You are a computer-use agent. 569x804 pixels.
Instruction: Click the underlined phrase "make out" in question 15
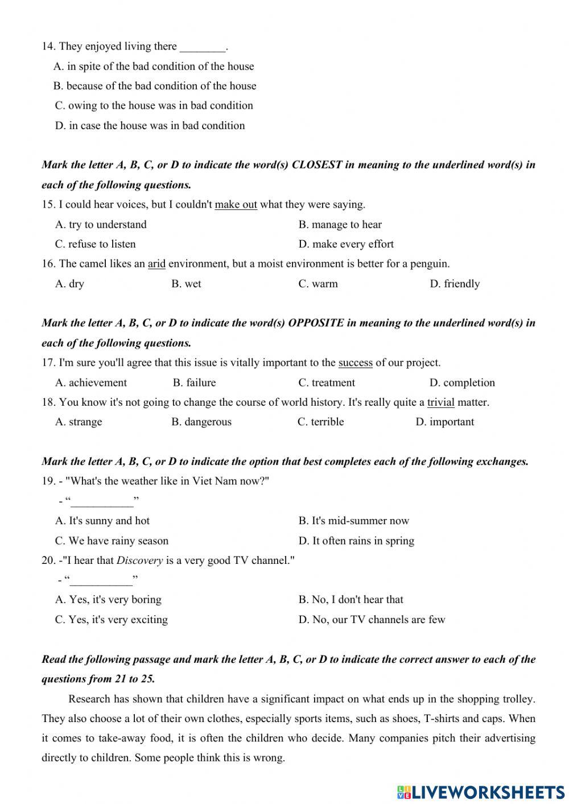(x=236, y=204)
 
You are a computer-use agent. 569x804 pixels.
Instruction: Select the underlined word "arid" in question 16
(x=156, y=263)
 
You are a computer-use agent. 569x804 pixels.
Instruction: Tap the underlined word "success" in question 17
(x=355, y=362)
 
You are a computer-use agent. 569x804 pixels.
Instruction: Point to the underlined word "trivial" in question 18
(x=440, y=402)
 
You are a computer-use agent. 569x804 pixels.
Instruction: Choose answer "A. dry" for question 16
(x=69, y=283)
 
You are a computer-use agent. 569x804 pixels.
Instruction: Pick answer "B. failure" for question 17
(x=194, y=382)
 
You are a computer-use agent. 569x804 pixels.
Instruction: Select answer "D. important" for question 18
(x=444, y=422)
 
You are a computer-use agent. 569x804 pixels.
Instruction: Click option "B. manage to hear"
(x=340, y=224)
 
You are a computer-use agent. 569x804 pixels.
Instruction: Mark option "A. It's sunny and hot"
(x=102, y=521)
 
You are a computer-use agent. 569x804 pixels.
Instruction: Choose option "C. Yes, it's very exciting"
(x=112, y=619)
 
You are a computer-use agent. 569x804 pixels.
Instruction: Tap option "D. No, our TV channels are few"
(x=372, y=619)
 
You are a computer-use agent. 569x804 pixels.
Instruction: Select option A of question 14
(x=154, y=66)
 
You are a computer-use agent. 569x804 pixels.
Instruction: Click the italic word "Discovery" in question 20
(x=139, y=560)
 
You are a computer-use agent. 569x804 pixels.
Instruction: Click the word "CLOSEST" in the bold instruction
(x=316, y=165)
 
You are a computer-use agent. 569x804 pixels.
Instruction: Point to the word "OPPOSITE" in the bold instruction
(x=316, y=323)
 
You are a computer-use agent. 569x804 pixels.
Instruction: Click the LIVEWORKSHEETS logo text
(x=487, y=791)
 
